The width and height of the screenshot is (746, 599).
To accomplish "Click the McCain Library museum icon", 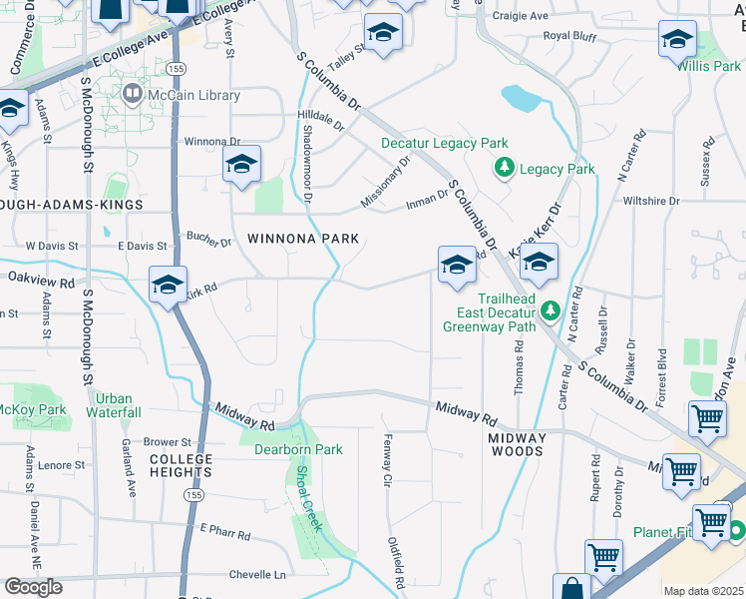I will point(133,95).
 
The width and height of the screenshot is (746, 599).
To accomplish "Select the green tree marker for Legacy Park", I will point(505,169).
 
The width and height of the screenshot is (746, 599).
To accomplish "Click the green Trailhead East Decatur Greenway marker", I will point(550,313).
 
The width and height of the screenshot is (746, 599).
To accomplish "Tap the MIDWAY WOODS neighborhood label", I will point(517,444).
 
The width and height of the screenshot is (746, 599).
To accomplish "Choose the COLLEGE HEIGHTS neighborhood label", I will point(182,465).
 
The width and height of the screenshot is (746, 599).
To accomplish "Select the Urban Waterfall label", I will point(113,404).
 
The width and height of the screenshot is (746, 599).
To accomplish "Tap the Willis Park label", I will point(708,66).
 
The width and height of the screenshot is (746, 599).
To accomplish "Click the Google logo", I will point(33,587).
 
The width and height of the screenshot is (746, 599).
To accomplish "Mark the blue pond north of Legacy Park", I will point(522,98).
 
